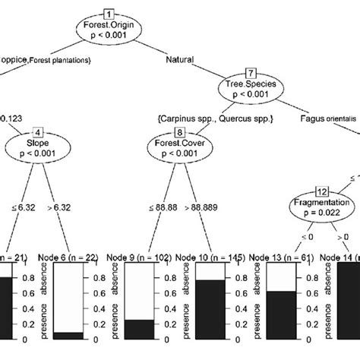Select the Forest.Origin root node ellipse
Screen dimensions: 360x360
[x=108, y=34]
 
